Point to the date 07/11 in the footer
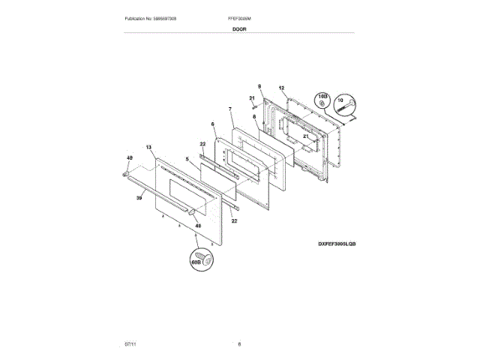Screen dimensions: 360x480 pos(130,343)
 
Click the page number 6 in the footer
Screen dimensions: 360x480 pos(239,343)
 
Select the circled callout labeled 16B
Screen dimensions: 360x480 pos(322,100)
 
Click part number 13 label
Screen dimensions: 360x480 pos(148,147)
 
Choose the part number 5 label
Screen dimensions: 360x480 pos(187,159)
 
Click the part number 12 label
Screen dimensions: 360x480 pos(282,88)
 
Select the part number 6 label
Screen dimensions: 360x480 pos(212,124)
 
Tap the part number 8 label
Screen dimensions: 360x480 pos(254,117)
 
